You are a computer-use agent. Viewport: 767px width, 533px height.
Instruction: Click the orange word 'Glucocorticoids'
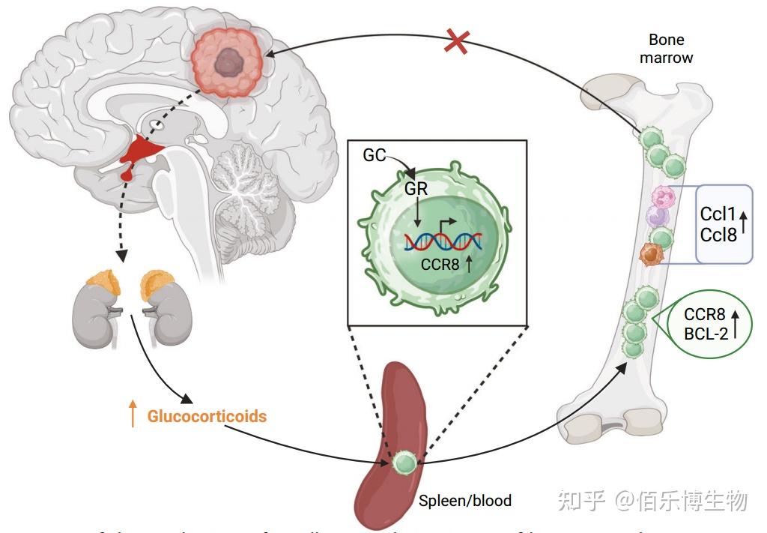(x=207, y=415)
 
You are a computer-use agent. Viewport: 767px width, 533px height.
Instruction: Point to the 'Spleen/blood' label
(x=465, y=500)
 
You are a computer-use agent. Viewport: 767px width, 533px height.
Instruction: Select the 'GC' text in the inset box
(x=375, y=155)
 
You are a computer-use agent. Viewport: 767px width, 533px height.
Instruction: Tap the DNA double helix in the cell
(x=443, y=240)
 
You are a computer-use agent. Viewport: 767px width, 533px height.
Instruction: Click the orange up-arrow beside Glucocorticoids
(x=133, y=413)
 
